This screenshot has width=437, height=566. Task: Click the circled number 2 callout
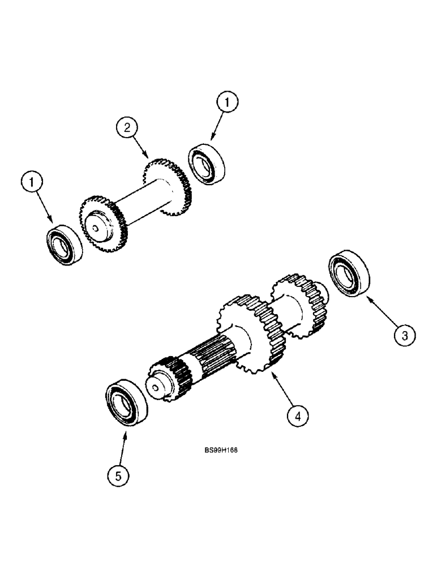(x=127, y=128)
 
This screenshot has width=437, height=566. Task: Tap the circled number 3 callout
(x=404, y=336)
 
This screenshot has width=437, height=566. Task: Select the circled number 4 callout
(x=297, y=417)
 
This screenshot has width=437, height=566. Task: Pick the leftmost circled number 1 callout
(x=32, y=182)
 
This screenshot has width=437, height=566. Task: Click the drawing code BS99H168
(x=221, y=451)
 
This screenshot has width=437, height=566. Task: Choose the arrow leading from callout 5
(x=123, y=448)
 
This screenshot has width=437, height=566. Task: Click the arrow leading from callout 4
(x=283, y=391)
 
